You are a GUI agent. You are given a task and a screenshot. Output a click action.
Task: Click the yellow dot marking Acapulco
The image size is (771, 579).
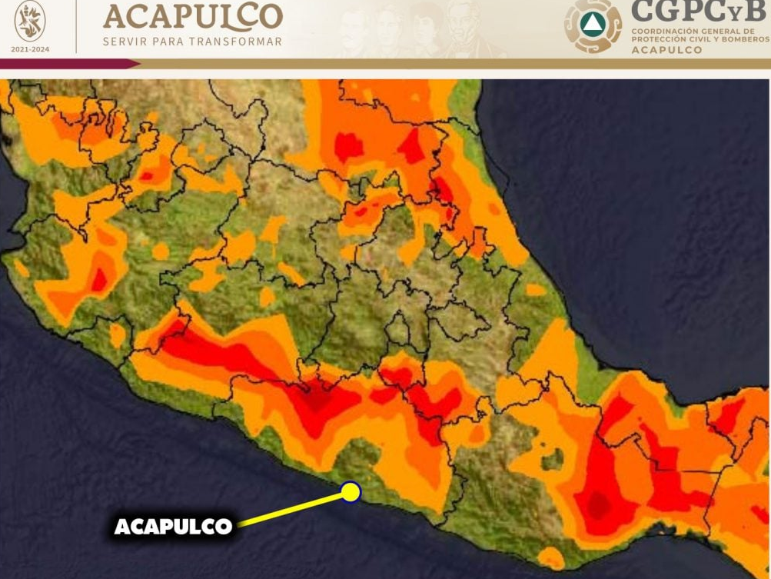(351, 492)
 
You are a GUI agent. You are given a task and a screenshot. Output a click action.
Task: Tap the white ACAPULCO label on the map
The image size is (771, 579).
(173, 527)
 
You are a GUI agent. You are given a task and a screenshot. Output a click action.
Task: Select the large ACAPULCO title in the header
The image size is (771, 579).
(193, 17)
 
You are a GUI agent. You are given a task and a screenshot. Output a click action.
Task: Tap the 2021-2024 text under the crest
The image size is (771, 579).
(30, 49)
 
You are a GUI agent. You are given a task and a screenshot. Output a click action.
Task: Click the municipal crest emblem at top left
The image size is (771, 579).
(30, 22)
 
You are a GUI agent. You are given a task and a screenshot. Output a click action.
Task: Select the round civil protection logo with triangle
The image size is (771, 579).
(593, 25)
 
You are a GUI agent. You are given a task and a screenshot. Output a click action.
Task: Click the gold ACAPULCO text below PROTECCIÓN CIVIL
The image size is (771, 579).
(666, 50)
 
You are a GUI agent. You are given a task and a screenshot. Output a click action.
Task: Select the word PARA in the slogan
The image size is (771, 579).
(169, 42)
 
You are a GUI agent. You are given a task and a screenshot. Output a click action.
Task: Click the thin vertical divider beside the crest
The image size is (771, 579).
(76, 26)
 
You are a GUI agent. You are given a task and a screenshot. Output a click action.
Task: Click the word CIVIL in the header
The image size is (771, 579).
(706, 39)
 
